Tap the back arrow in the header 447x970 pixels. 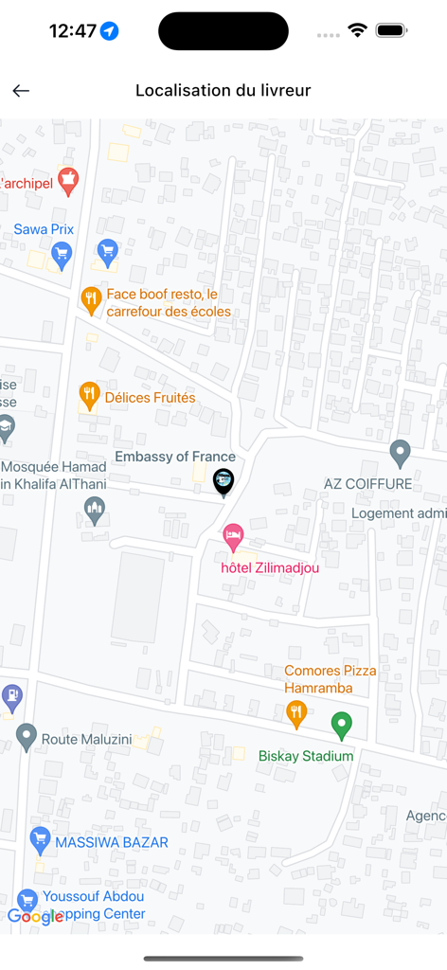coord(21,91)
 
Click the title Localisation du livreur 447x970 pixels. coord(223,91)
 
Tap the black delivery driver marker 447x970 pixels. coord(223,482)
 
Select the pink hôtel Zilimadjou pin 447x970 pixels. coord(233,537)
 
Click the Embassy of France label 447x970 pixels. coord(175,457)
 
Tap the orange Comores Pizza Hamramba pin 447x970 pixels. coord(296,714)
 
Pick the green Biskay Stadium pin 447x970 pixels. coord(341,726)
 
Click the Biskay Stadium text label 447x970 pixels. coord(306,756)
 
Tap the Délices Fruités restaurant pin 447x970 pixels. coord(89,396)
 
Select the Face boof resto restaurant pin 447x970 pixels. coord(91,300)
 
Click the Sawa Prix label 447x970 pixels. coord(44,229)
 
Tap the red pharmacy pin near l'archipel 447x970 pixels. coord(67,180)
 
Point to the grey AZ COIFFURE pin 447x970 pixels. coord(400,453)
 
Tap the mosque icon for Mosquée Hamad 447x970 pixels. coord(95,512)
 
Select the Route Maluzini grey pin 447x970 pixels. coord(27,736)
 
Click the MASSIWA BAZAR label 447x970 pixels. coord(112,842)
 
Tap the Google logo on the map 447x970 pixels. coord(35,916)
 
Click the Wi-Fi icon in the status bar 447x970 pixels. coord(357,30)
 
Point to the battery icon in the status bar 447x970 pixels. coord(391,30)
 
